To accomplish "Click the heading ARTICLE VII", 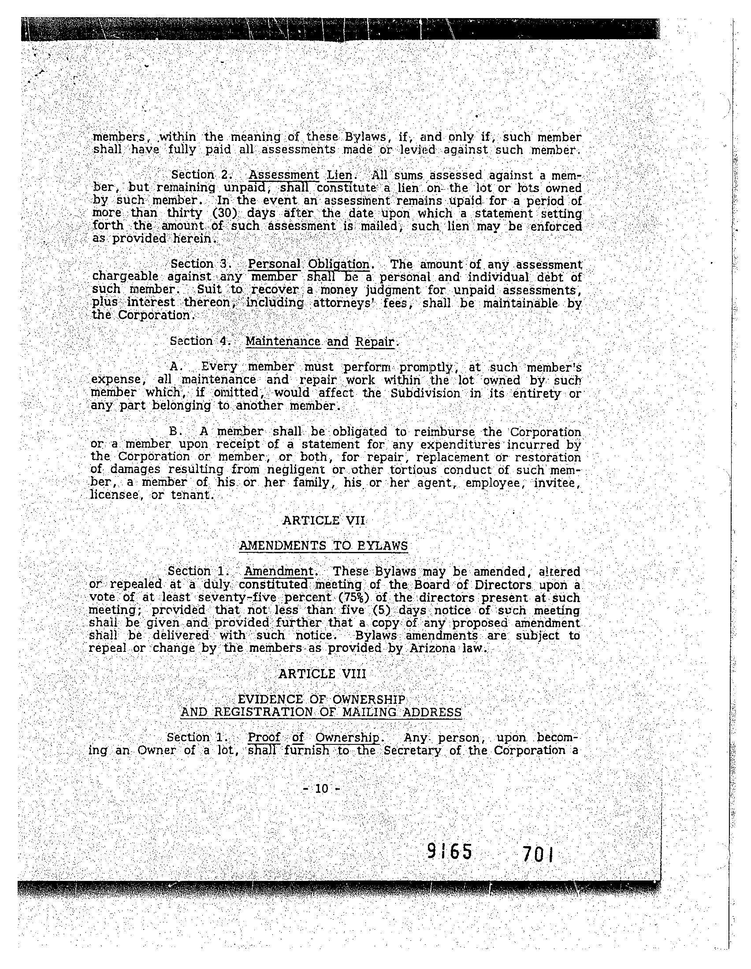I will pos(323,520).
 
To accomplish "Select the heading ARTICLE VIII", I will pos(322,674).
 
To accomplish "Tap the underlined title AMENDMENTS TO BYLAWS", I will pos(323,546).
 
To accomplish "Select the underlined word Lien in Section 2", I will pos(339,175).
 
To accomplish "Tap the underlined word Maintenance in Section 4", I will pos(283,341).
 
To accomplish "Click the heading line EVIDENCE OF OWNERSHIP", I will pos(321,700).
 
